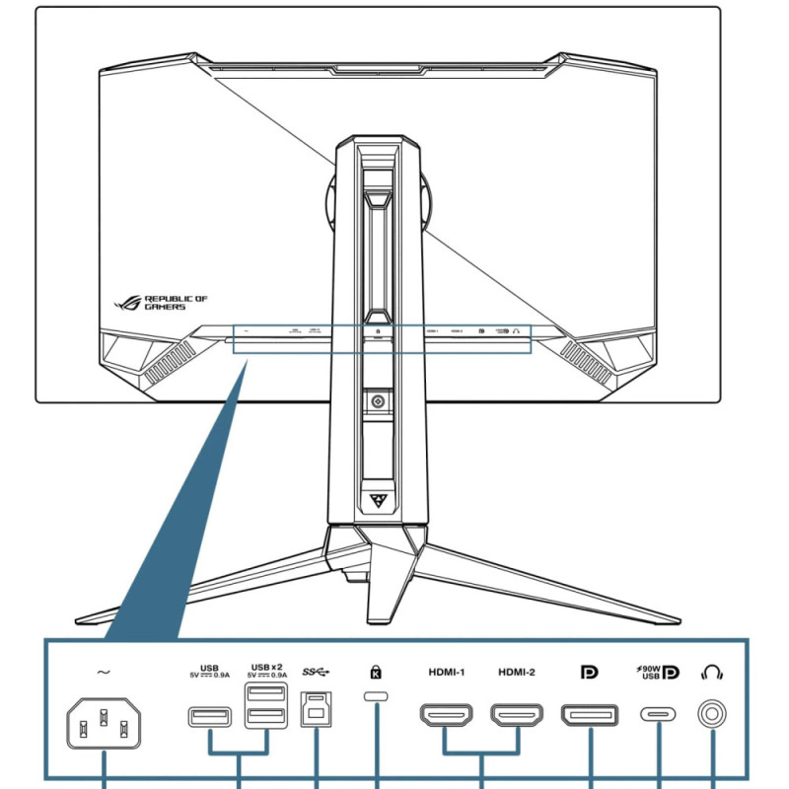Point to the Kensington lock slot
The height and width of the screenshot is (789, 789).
377,698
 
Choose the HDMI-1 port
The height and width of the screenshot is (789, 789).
445,715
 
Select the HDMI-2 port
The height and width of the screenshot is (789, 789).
516,715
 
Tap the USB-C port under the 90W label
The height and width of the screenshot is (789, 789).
658,714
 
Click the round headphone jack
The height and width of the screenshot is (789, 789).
711,714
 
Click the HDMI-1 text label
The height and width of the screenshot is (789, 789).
446,673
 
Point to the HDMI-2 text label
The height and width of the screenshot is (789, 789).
517,673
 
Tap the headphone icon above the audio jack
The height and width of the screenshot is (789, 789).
711,673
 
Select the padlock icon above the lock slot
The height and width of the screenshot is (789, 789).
376,673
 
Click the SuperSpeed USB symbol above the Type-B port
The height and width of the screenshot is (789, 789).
316,673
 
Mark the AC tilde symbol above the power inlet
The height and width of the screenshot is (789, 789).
104,673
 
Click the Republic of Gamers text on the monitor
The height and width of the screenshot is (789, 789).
176,302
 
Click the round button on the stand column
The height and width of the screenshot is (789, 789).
377,400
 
